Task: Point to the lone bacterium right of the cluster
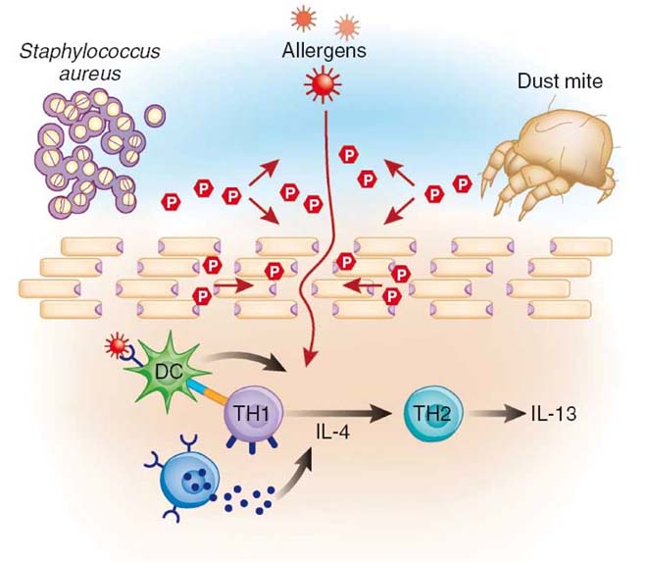(155, 116)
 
